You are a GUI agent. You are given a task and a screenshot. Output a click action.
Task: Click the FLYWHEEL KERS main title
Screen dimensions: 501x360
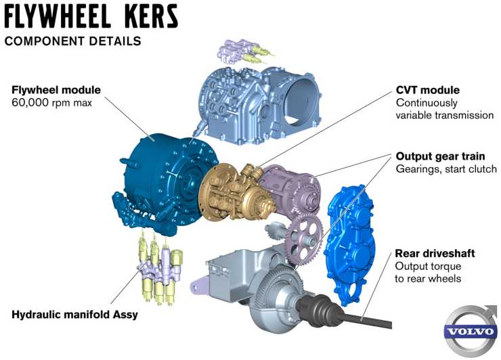point(91,16)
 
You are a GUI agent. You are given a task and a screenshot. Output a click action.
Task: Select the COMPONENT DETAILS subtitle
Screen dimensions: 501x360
point(73,41)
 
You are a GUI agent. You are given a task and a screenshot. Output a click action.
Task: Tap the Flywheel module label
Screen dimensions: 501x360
point(56,90)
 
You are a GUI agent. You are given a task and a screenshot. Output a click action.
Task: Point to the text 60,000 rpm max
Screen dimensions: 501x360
point(51,103)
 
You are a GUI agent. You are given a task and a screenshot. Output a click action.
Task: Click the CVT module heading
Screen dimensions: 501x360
point(427,90)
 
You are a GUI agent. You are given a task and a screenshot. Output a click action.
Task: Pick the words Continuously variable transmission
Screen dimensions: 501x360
point(444,109)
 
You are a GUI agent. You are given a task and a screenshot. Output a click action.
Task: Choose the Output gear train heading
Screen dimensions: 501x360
point(440,156)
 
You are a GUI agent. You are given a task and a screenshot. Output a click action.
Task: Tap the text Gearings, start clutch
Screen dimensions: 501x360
point(446,168)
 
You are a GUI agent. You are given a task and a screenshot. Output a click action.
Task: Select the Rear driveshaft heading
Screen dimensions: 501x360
point(435,254)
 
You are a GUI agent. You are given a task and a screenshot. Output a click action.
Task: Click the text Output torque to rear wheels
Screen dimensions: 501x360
point(428,273)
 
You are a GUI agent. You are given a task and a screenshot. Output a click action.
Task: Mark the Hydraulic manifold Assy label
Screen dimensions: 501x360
point(74,315)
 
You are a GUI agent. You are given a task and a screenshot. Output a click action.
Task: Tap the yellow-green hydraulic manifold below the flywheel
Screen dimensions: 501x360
point(159,269)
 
